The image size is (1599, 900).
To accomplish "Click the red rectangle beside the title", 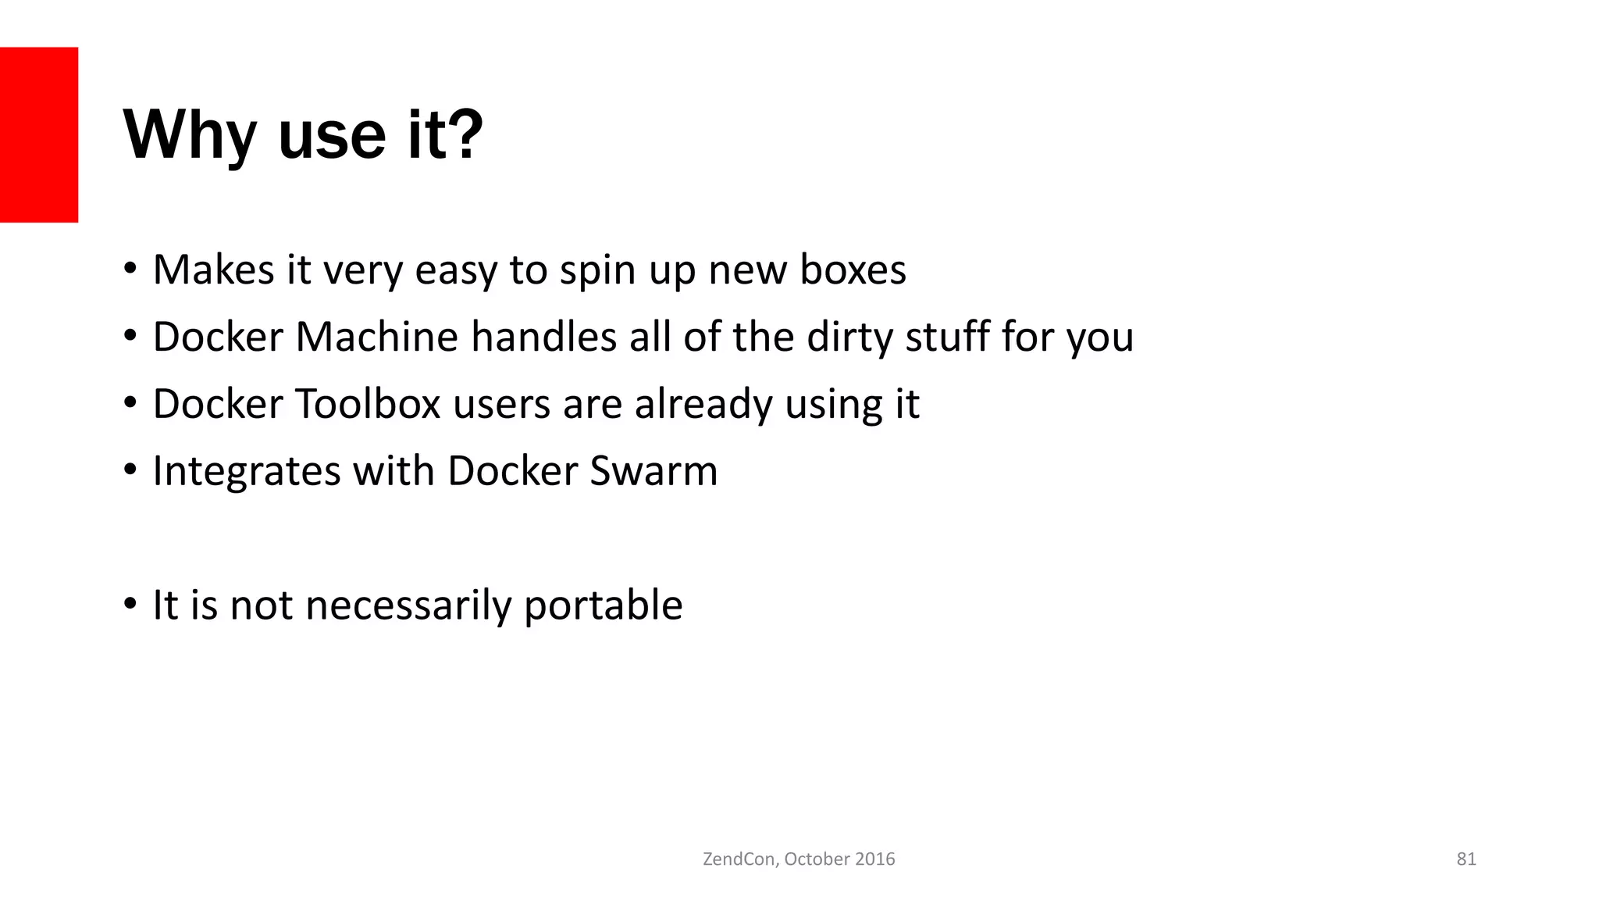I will click(39, 134).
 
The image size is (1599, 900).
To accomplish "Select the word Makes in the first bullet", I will click(213, 270).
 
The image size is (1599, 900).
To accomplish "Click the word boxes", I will click(853, 270).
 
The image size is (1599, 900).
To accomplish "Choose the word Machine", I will click(376, 337).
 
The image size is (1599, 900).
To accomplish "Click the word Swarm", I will click(653, 472).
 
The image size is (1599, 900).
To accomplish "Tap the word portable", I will click(603, 606).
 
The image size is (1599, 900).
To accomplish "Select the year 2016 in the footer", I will click(874, 859).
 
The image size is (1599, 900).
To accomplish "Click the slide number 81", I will click(1466, 859).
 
